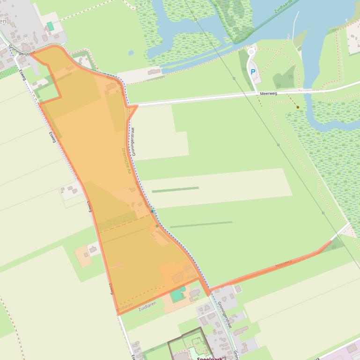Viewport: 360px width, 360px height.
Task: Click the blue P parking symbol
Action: click(x=253, y=72)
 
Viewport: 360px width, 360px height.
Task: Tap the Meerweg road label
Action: click(x=270, y=94)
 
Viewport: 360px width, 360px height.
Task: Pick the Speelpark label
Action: click(x=209, y=358)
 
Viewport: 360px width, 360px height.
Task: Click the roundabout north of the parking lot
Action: click(x=252, y=52)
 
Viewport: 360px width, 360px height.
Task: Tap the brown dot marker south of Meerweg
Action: click(x=298, y=107)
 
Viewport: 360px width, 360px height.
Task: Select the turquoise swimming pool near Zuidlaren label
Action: click(x=176, y=295)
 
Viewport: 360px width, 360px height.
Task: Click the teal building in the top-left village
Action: click(x=50, y=26)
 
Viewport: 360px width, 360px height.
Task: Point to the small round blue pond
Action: click(x=131, y=53)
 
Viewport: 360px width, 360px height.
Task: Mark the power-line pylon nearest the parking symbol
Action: click(x=235, y=79)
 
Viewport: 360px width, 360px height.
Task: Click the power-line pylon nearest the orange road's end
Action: click(x=323, y=213)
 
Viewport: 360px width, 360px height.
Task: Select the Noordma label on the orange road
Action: click(x=283, y=263)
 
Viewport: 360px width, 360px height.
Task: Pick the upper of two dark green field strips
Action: click(x=175, y=189)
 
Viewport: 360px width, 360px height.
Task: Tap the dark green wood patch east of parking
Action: click(x=285, y=77)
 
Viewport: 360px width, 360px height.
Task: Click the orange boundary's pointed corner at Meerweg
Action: click(x=137, y=106)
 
